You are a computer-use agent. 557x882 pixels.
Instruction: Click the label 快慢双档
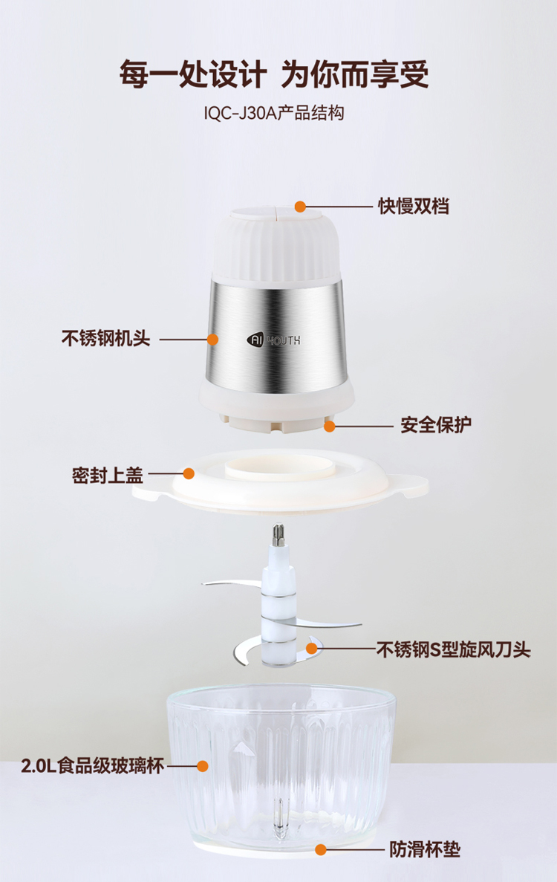[413, 207]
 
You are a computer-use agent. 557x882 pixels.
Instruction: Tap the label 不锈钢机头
[105, 339]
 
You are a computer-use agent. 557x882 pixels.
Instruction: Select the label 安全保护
[436, 425]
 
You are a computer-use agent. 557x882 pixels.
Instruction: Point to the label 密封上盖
[108, 476]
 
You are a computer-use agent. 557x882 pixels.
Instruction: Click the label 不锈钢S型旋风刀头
[454, 649]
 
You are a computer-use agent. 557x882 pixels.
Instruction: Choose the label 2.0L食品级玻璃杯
[93, 765]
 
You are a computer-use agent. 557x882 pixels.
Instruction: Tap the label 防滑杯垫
[425, 849]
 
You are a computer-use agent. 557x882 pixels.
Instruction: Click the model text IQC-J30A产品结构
[274, 113]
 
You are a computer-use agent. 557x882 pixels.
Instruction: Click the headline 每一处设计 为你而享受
[274, 74]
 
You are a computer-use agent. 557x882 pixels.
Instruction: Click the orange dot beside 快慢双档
[300, 207]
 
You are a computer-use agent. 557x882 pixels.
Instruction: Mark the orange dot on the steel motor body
[212, 339]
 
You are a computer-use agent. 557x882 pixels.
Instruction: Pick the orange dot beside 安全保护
[329, 427]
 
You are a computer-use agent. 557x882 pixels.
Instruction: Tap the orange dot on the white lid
[189, 473]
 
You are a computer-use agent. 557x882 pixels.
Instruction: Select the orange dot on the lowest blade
[311, 648]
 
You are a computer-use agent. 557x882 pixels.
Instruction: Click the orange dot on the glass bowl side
[202, 765]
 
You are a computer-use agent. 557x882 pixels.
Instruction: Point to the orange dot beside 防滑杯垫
[320, 849]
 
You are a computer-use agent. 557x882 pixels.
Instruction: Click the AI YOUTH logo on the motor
[274, 340]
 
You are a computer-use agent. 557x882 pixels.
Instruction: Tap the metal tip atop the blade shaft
[278, 534]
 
